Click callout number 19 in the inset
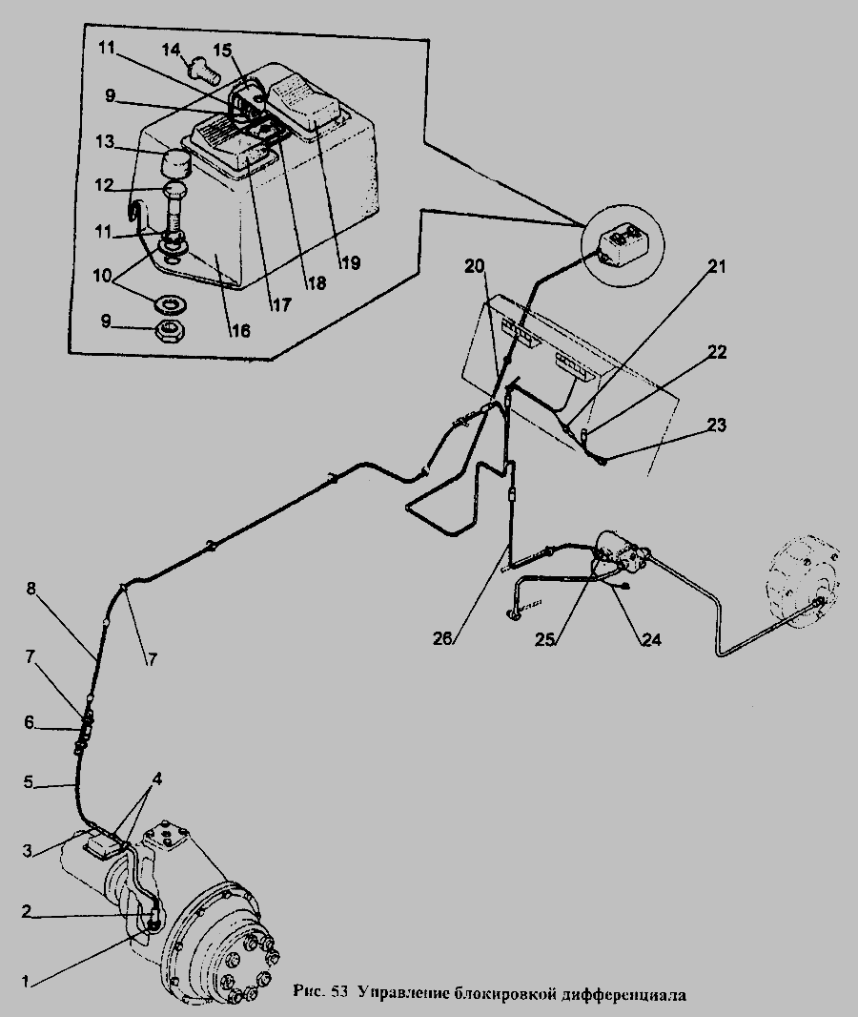click(351, 263)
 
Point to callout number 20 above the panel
click(475, 266)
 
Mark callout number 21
click(717, 268)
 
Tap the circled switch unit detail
click(620, 240)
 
